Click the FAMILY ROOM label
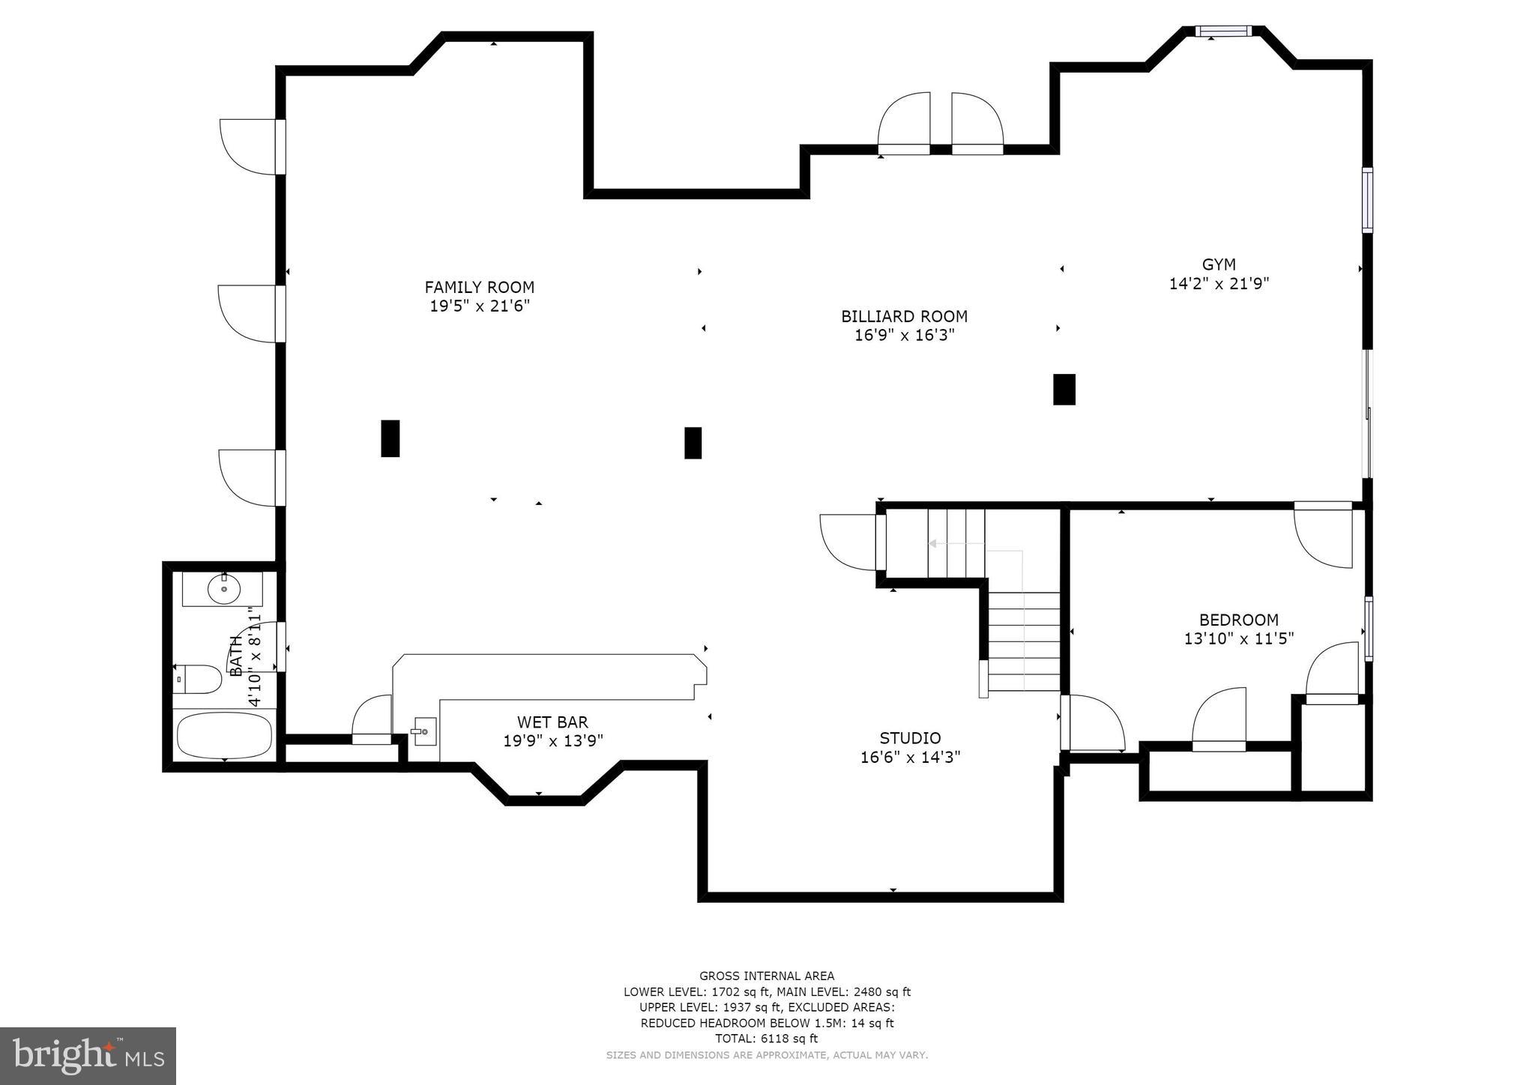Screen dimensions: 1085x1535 tap(479, 287)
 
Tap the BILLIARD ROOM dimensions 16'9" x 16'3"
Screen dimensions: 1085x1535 tap(904, 336)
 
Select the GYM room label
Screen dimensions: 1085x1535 tap(1219, 265)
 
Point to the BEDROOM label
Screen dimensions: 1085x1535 tap(1238, 620)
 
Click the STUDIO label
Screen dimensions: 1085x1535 tap(910, 738)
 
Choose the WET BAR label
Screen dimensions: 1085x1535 tap(552, 722)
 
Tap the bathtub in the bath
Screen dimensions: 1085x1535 tap(224, 735)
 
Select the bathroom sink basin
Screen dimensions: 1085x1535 tap(223, 589)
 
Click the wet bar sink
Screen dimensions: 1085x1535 tap(424, 731)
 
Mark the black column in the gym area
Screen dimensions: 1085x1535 tap(1064, 390)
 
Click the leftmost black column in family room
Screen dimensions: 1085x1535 tap(390, 438)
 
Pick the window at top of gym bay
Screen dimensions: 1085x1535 tap(1222, 31)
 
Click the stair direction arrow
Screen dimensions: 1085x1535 tap(934, 544)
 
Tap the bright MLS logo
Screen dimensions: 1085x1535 tap(88, 1056)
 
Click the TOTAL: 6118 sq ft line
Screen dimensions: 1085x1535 tap(766, 1039)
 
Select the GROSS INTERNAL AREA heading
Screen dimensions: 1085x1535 tap(766, 976)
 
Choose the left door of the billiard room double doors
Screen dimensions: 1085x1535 tap(904, 124)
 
